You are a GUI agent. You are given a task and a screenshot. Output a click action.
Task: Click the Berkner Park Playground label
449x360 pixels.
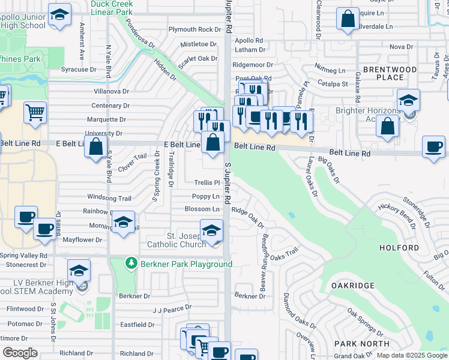(186, 264)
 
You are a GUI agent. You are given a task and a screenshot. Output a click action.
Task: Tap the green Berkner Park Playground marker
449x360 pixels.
(131, 263)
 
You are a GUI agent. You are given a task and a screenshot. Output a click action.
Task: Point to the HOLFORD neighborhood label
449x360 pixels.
(399, 248)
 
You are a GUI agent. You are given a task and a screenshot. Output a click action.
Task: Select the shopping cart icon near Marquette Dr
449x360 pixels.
(35, 112)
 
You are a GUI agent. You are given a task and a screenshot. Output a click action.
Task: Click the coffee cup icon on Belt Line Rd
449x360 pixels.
(433, 146)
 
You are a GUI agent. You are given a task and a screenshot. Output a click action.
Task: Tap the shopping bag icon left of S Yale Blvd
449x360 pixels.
(95, 146)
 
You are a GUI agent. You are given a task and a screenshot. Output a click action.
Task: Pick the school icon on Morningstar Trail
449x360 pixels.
(122, 223)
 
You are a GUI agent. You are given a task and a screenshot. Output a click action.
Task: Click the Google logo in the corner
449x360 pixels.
(20, 353)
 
